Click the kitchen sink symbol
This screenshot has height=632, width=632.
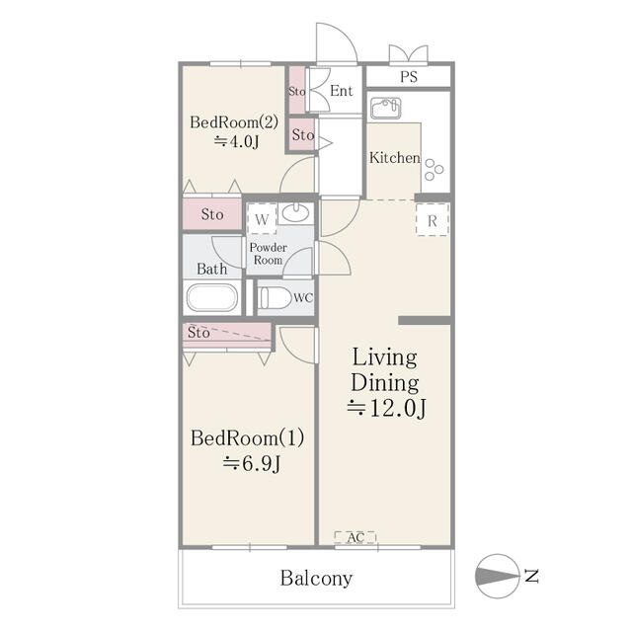tap(386, 109)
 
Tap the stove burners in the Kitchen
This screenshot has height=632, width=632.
tap(434, 169)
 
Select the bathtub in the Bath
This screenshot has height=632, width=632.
tap(212, 298)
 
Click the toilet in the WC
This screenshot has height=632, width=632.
tap(275, 298)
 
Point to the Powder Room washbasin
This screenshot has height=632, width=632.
tap(295, 212)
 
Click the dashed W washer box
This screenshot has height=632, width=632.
tap(262, 219)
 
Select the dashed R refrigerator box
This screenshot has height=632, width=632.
tap(433, 219)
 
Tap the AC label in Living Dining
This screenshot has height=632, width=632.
tap(355, 537)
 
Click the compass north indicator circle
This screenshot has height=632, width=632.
tap(498, 576)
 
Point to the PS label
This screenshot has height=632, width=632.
tap(409, 77)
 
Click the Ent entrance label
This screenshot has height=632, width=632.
tap(341, 91)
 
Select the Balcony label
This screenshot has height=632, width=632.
tap(316, 578)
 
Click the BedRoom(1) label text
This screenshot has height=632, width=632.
tap(247, 438)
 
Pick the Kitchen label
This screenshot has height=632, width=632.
tap(395, 158)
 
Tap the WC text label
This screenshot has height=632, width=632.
tap(303, 298)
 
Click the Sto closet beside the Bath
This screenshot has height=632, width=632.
tap(212, 214)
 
